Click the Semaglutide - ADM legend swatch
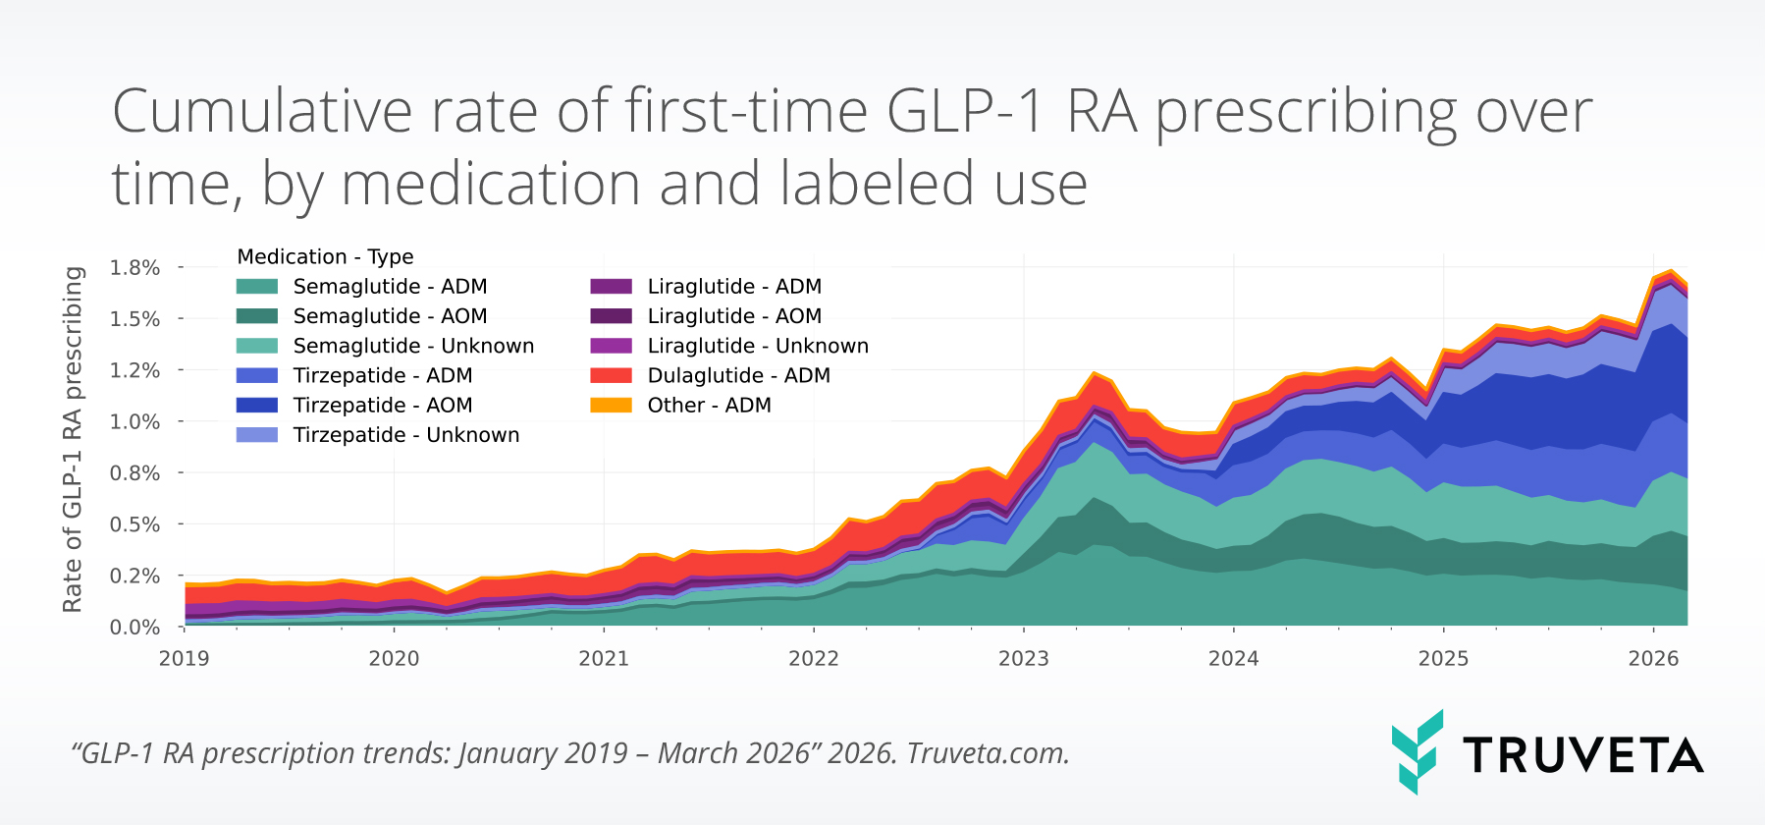tap(257, 287)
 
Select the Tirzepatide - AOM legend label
tap(383, 406)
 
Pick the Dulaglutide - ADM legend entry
tap(738, 376)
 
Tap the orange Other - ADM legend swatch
tap(611, 406)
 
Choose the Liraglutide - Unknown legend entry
tap(758, 347)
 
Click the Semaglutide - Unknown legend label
tap(413, 347)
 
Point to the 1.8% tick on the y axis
tap(134, 268)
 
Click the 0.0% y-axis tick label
tap(134, 627)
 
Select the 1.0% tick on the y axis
tap(134, 421)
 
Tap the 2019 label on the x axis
tap(185, 659)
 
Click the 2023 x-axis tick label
tap(1024, 659)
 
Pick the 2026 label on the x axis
tap(1653, 659)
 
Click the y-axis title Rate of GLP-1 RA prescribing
tap(73, 439)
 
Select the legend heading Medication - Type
tap(325, 257)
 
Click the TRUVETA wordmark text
tap(1582, 755)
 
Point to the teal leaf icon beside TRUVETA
tap(1417, 751)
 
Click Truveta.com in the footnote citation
tap(987, 753)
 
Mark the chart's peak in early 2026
tap(1671, 271)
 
